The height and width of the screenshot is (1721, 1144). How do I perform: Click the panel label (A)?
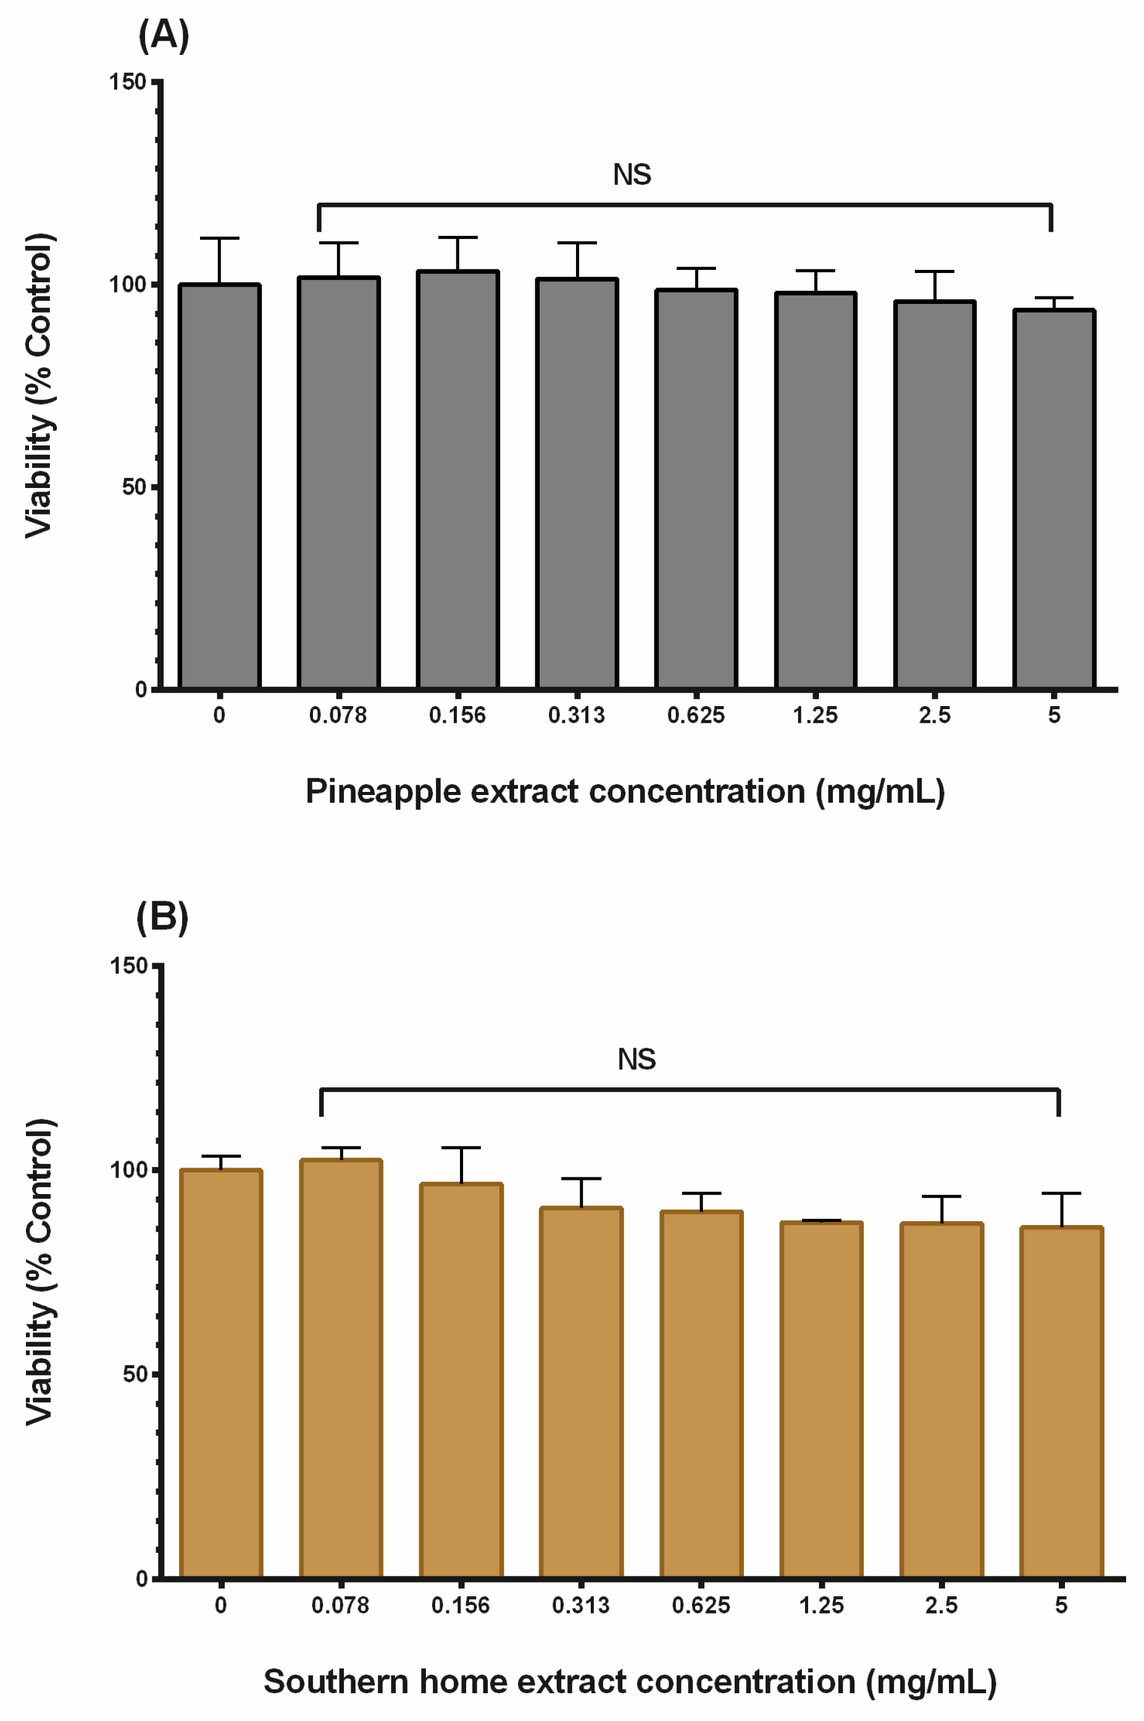[x=164, y=35]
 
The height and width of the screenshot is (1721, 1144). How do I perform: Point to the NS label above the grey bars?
[x=632, y=175]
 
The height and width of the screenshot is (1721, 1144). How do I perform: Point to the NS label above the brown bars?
[x=636, y=1059]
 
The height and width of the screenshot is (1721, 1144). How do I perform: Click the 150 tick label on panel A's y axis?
[x=128, y=82]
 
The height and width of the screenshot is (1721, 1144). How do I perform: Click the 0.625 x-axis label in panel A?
[x=696, y=715]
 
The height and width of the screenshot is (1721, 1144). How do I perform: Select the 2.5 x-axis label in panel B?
[x=941, y=1605]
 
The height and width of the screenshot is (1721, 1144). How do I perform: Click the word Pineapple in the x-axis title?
[x=382, y=791]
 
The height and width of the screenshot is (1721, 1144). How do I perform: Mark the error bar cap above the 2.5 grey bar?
[x=935, y=272]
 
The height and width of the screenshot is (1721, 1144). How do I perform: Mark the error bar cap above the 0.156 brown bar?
[x=461, y=1148]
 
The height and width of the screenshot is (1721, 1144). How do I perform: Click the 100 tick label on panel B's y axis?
[x=128, y=1169]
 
